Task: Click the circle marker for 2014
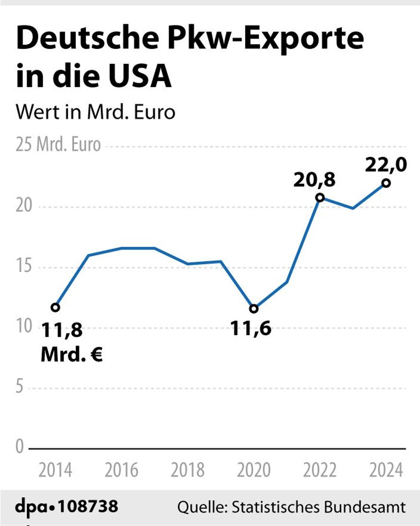click(x=55, y=307)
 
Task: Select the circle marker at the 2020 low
click(x=254, y=309)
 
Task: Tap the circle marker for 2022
click(x=320, y=198)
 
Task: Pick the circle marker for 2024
click(x=386, y=183)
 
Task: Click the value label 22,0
click(x=386, y=165)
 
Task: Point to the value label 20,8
click(x=315, y=180)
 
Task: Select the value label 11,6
click(x=251, y=328)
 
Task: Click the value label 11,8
click(x=62, y=330)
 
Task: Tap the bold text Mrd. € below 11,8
click(x=71, y=354)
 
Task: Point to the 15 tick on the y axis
click(x=24, y=267)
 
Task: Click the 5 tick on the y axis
click(x=20, y=387)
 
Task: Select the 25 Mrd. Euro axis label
click(x=58, y=144)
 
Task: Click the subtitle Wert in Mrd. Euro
click(x=95, y=112)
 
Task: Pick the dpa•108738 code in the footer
click(x=67, y=506)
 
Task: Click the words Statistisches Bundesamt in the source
click(x=319, y=507)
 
